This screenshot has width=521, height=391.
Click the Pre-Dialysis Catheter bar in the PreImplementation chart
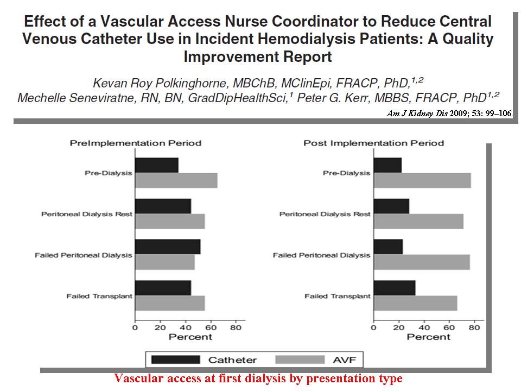(x=157, y=165)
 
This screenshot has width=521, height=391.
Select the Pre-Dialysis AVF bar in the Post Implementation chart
(x=422, y=180)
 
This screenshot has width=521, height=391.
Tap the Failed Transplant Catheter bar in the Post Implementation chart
(x=395, y=288)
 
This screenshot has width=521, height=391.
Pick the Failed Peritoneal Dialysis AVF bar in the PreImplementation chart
(x=165, y=262)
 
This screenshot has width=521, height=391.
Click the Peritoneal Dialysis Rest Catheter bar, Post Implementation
(x=391, y=206)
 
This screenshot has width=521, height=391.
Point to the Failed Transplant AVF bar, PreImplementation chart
(x=170, y=303)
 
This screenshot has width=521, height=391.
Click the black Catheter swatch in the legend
(x=176, y=360)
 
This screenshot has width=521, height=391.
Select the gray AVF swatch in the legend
(x=300, y=360)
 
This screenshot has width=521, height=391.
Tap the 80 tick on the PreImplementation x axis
(x=236, y=327)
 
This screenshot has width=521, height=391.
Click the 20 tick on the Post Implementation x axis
(x=399, y=327)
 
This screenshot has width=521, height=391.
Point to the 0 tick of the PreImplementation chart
(x=135, y=327)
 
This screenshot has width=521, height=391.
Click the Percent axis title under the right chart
(x=429, y=337)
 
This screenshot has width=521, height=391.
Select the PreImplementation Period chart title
(x=136, y=143)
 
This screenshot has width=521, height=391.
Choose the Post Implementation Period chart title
(x=374, y=143)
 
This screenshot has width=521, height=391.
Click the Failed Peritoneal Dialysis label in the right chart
(x=322, y=255)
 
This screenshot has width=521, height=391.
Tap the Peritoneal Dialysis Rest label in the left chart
(x=87, y=214)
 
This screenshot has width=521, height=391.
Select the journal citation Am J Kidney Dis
(x=417, y=113)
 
